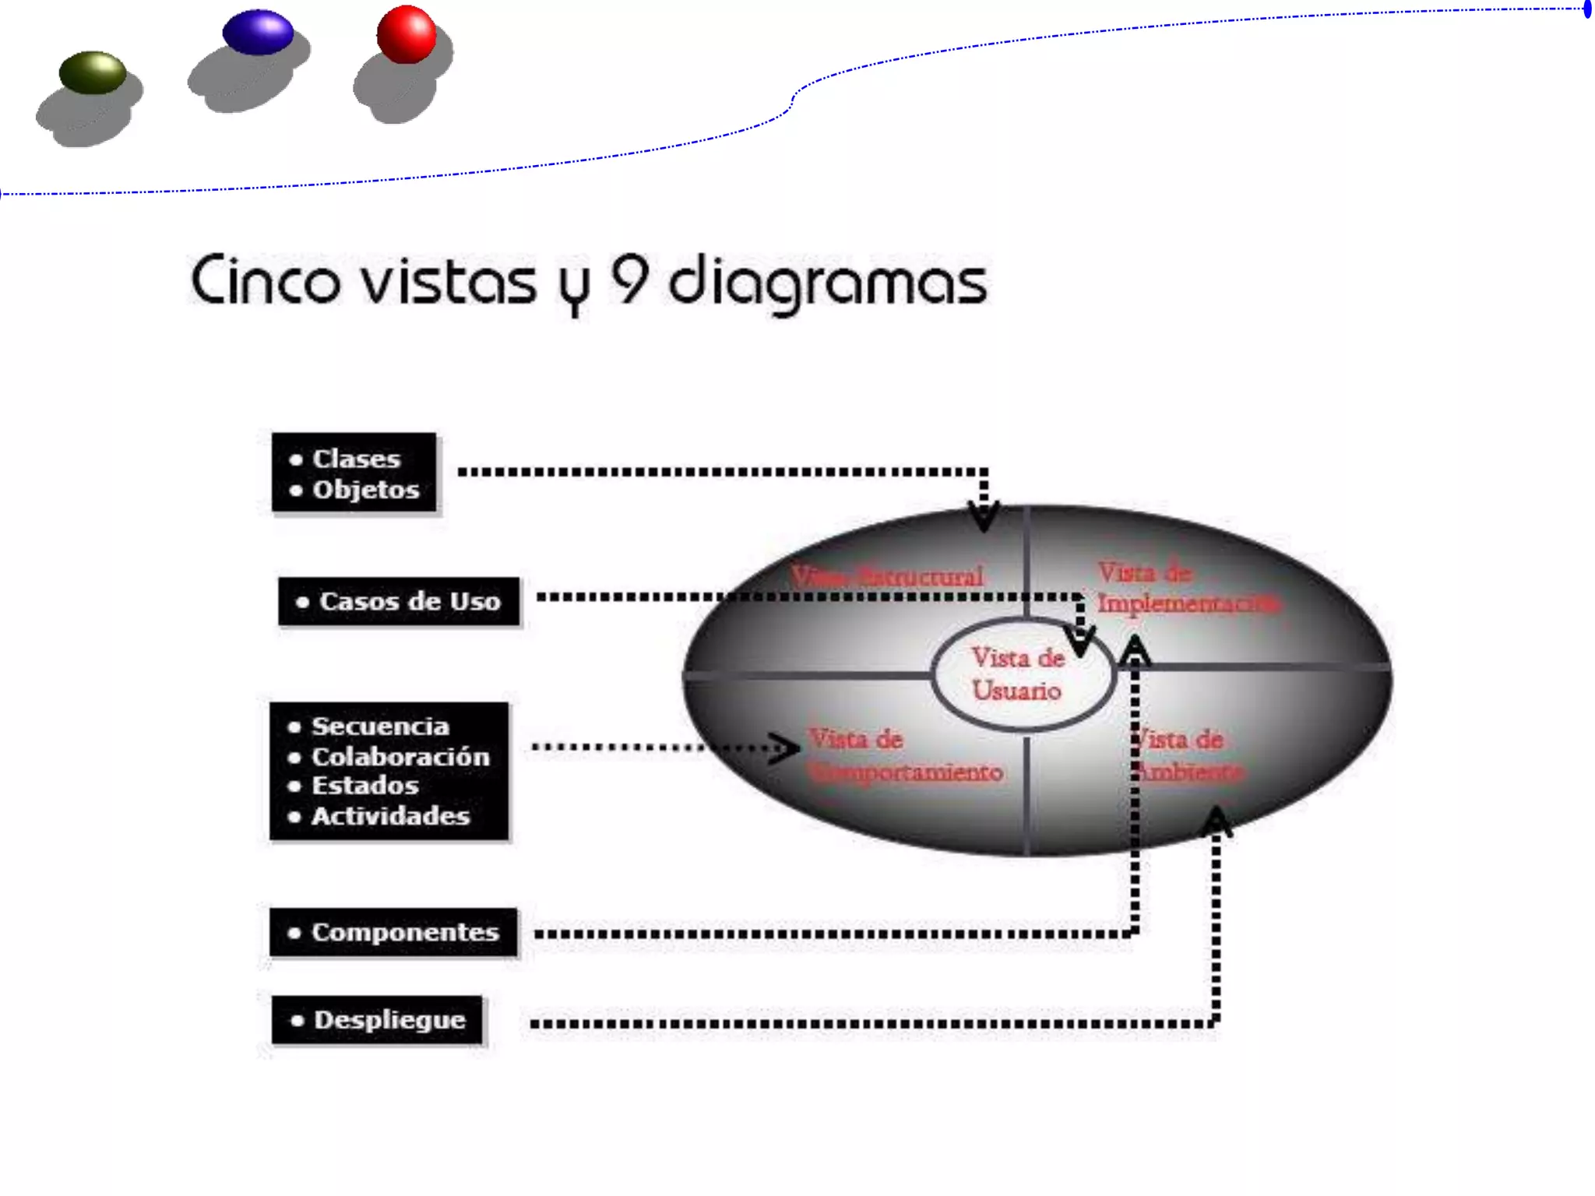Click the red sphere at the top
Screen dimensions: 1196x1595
406,34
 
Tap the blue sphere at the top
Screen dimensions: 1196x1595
258,33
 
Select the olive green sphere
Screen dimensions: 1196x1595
93,72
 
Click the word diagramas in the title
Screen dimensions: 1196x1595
827,283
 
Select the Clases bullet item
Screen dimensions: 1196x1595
355,459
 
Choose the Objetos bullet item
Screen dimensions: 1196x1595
365,490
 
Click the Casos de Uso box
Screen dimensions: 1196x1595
399,601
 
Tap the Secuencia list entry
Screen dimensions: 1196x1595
380,726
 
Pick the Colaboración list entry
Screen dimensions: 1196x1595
400,757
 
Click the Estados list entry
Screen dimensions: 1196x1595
364,786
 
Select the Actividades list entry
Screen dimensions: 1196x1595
390,816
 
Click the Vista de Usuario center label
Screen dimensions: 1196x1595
1018,674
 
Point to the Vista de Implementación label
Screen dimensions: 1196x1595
1185,589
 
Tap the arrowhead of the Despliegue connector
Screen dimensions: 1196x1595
1216,822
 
